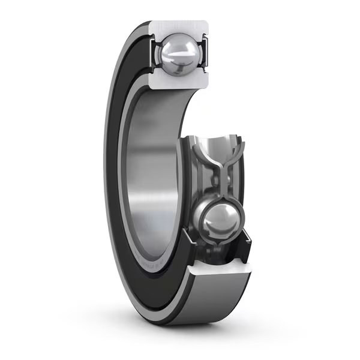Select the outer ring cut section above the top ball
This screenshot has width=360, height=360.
(x=179, y=28)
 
